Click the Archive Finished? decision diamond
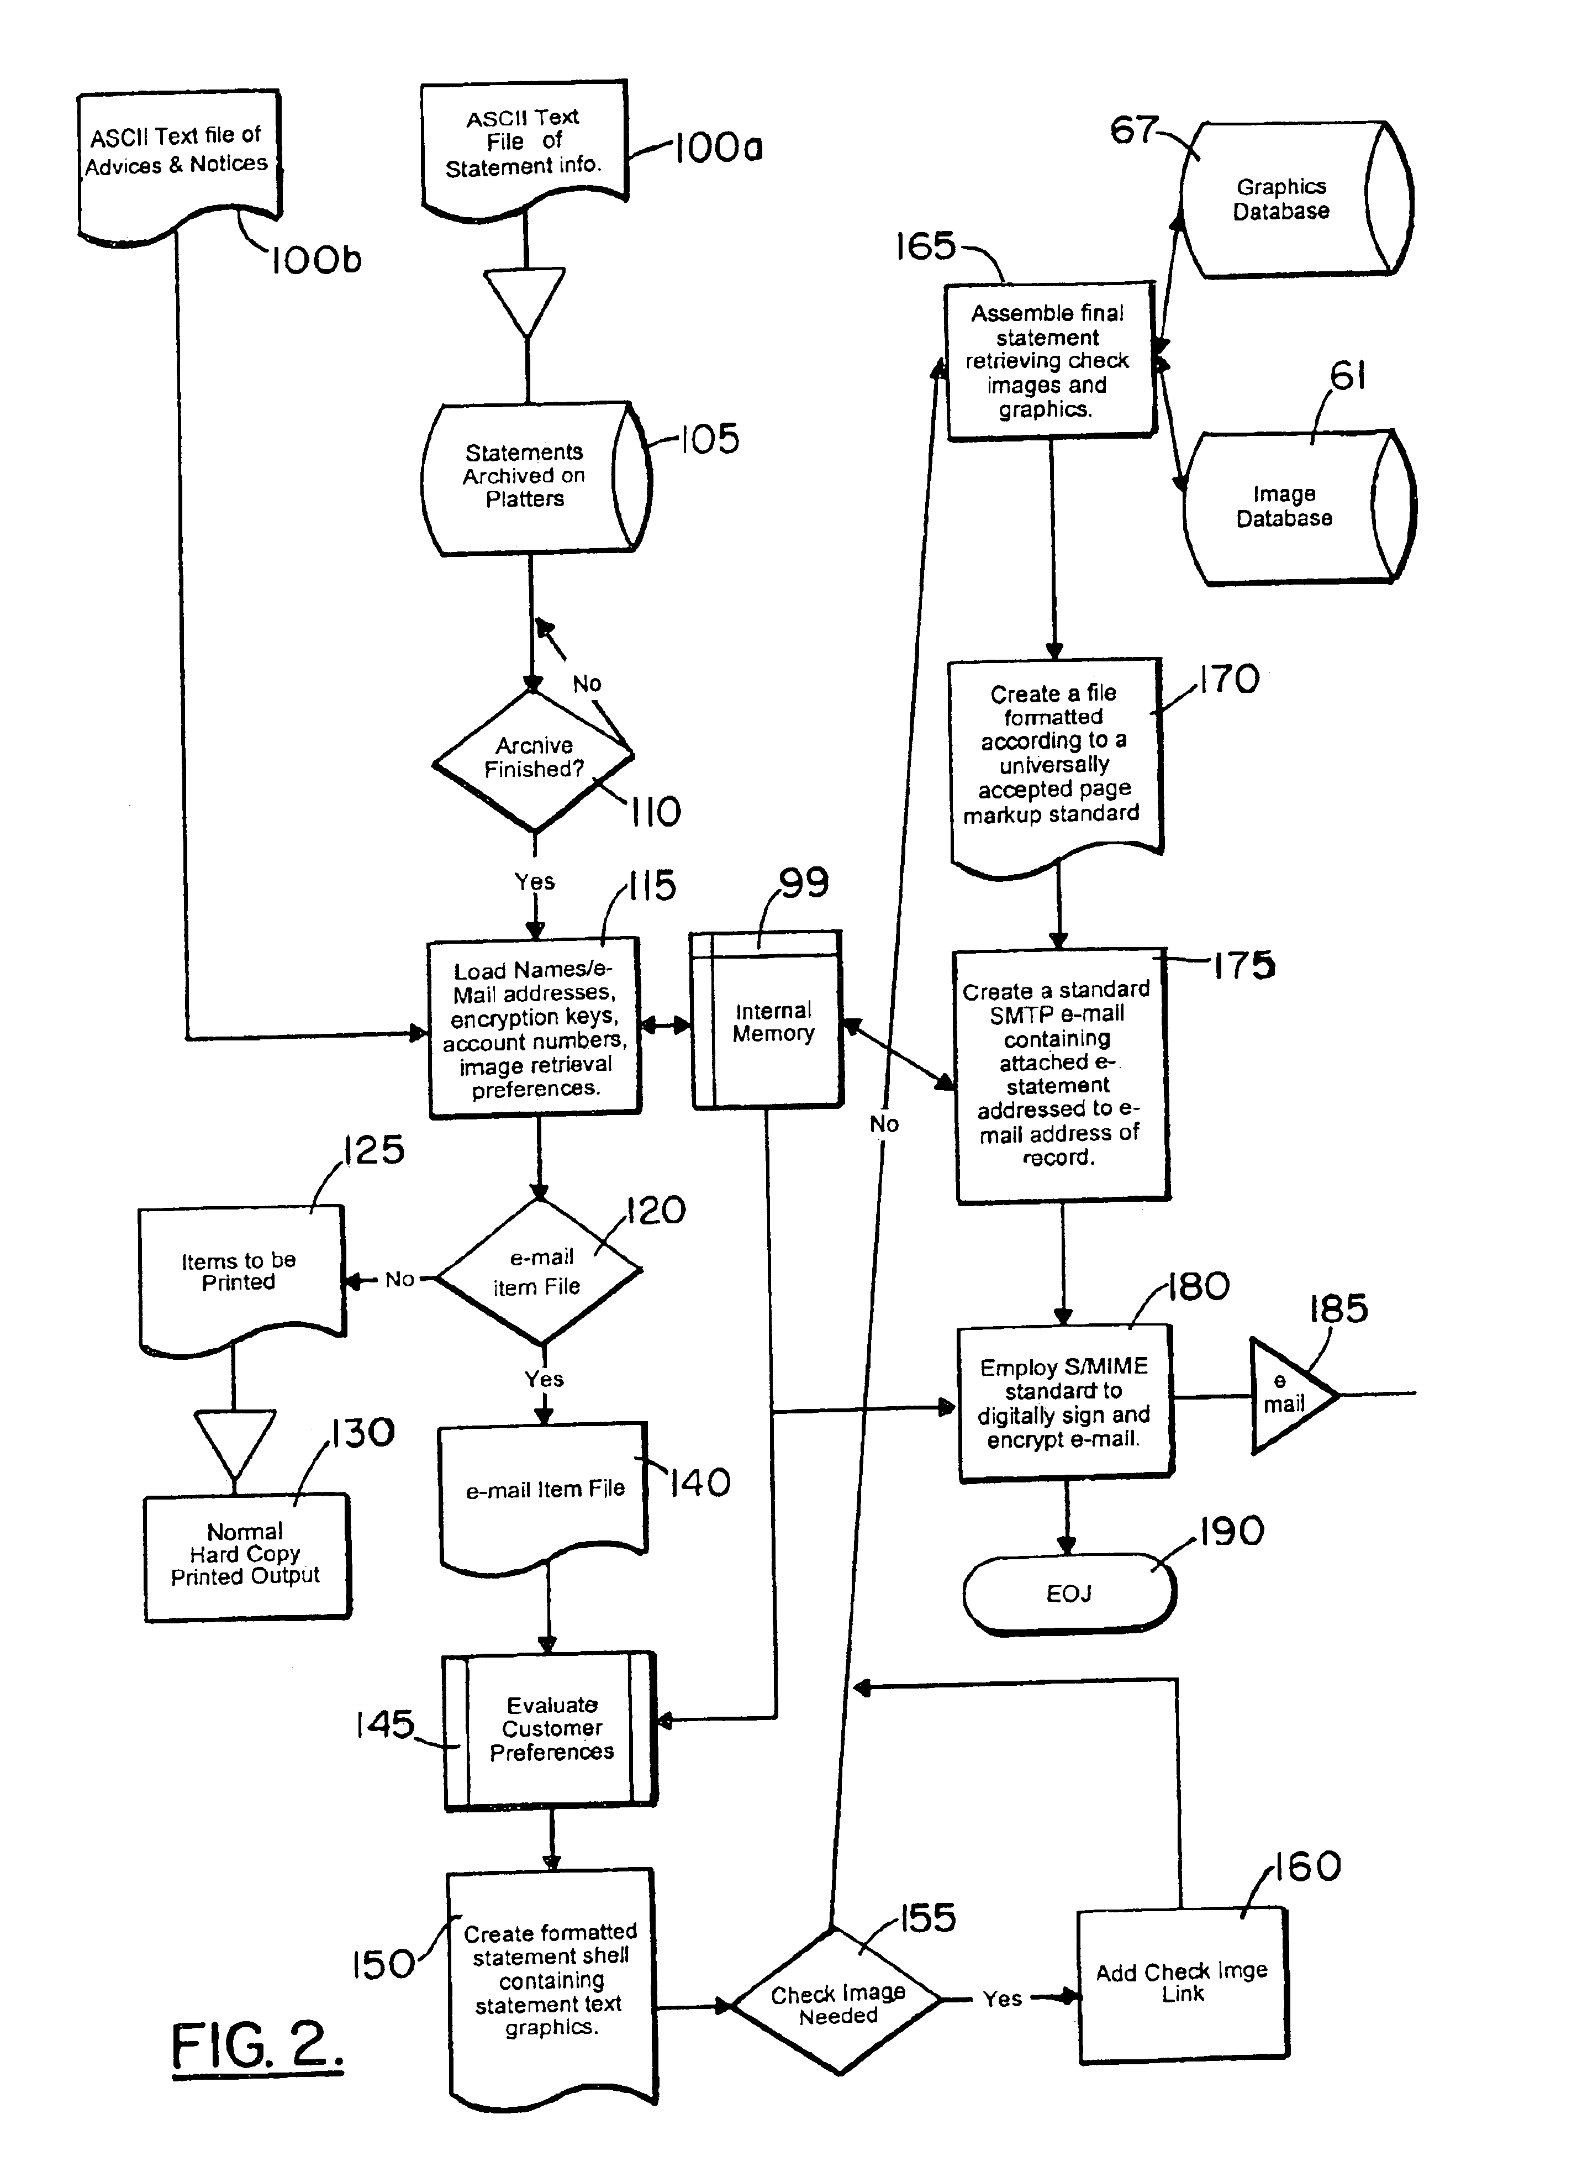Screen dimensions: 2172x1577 click(534, 759)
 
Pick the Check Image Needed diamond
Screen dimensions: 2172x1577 click(837, 2001)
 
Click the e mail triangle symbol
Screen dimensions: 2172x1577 click(1288, 1396)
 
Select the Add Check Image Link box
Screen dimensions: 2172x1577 click(1183, 1984)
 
